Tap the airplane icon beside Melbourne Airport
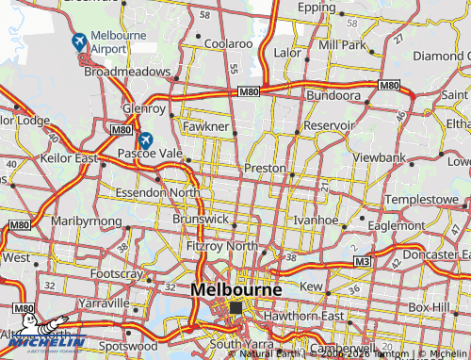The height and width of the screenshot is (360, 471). tap(78, 41)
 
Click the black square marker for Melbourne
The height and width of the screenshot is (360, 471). tap(235, 308)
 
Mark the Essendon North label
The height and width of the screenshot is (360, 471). tap(158, 192)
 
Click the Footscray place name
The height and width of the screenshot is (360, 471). tap(117, 274)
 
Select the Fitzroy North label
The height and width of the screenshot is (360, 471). tap(221, 246)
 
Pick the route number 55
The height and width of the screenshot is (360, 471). tap(232, 70)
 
